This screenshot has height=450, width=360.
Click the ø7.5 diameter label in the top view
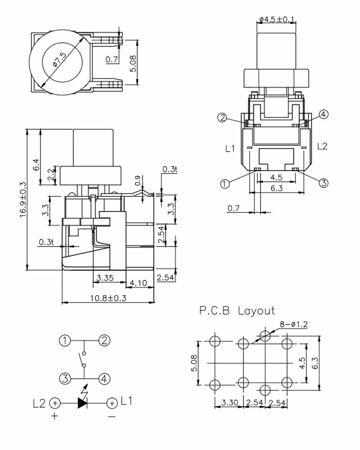click(59, 60)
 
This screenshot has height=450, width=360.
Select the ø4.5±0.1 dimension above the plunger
click(277, 19)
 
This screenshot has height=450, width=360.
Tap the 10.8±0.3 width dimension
click(108, 297)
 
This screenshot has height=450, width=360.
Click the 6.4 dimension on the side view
click(36, 165)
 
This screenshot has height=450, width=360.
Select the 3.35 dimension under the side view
click(105, 278)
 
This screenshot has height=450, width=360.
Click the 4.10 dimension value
click(138, 283)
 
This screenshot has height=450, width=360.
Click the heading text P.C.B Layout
click(237, 310)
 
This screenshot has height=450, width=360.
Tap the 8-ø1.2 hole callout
click(293, 324)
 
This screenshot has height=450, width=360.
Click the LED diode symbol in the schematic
click(82, 403)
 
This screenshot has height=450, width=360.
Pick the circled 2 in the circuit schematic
click(104, 341)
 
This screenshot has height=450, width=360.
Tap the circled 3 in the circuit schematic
click(66, 378)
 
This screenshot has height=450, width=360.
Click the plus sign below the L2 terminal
click(54, 416)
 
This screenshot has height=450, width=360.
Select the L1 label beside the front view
click(230, 148)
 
